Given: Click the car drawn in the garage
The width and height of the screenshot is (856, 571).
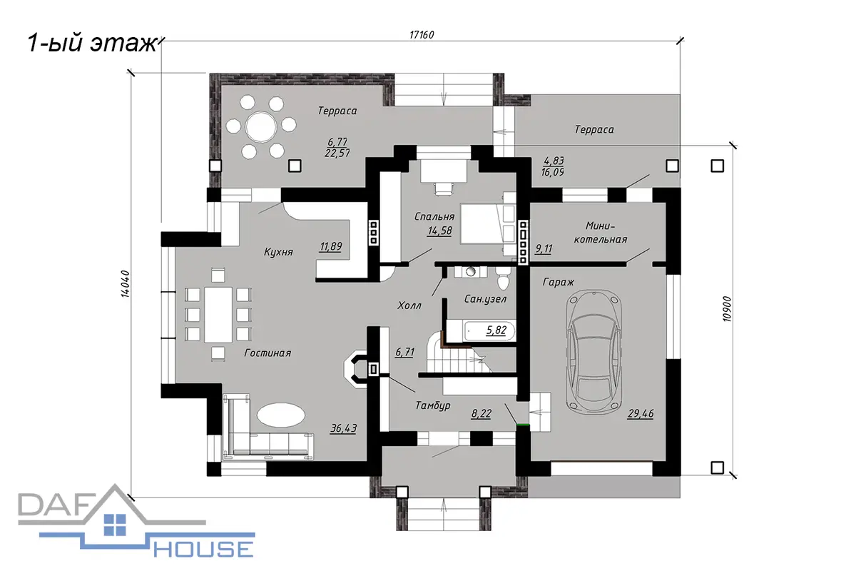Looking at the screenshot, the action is (594, 353).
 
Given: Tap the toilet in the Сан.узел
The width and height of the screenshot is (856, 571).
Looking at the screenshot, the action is (503, 279).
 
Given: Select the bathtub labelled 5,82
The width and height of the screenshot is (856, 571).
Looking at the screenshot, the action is (489, 331).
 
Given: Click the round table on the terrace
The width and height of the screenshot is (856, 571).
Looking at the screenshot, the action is (261, 127).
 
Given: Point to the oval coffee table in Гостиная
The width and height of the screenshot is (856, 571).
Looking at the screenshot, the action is (281, 415).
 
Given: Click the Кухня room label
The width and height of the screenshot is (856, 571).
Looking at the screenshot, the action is (278, 252).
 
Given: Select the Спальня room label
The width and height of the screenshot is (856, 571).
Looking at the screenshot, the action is (434, 216).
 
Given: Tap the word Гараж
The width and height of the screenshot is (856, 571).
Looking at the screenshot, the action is (559, 282).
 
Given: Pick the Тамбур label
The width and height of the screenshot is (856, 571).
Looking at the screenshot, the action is (433, 405).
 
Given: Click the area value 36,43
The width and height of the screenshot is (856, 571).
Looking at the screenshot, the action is (343, 428).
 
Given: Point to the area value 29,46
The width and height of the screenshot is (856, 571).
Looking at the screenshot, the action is (641, 414).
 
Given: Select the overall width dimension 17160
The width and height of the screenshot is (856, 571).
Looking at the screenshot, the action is (422, 35).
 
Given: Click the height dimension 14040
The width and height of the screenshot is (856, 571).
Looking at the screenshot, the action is (126, 284).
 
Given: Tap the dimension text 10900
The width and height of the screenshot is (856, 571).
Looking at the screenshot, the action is (727, 309).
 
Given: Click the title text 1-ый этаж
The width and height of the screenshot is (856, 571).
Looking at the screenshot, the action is (93, 43).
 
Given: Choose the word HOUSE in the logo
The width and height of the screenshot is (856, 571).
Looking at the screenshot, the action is (204, 549).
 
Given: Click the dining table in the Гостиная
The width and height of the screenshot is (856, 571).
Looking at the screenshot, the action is (218, 315).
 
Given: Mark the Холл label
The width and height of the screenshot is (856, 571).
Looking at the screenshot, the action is (409, 305).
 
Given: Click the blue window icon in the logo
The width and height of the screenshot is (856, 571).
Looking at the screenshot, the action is (115, 525).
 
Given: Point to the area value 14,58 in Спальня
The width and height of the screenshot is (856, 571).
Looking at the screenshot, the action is (440, 231).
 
